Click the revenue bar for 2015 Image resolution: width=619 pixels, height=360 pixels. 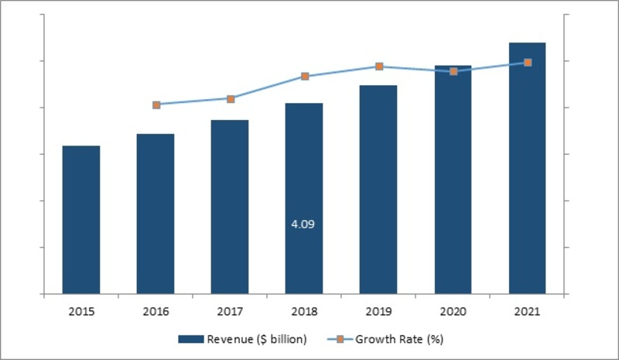click(x=81, y=220)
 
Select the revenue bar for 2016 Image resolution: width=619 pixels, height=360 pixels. click(x=156, y=214)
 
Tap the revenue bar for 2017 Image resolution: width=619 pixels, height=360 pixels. click(x=230, y=207)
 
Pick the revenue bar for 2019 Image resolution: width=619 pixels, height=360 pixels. click(x=378, y=190)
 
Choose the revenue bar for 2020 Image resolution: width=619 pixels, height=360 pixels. click(x=453, y=180)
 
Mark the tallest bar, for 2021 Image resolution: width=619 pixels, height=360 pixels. click(x=527, y=168)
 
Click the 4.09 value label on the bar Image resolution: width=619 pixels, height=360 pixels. click(x=303, y=225)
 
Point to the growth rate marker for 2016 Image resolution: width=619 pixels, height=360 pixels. click(x=156, y=105)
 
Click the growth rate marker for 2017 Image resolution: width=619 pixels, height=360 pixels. click(x=231, y=98)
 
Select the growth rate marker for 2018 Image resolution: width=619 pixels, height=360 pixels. click(x=305, y=76)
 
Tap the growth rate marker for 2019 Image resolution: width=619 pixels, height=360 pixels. click(x=379, y=67)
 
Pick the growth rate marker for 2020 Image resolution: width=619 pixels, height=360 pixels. click(x=453, y=71)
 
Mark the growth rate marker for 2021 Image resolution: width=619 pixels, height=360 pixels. click(x=528, y=62)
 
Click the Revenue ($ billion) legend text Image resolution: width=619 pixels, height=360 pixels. click(x=257, y=338)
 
